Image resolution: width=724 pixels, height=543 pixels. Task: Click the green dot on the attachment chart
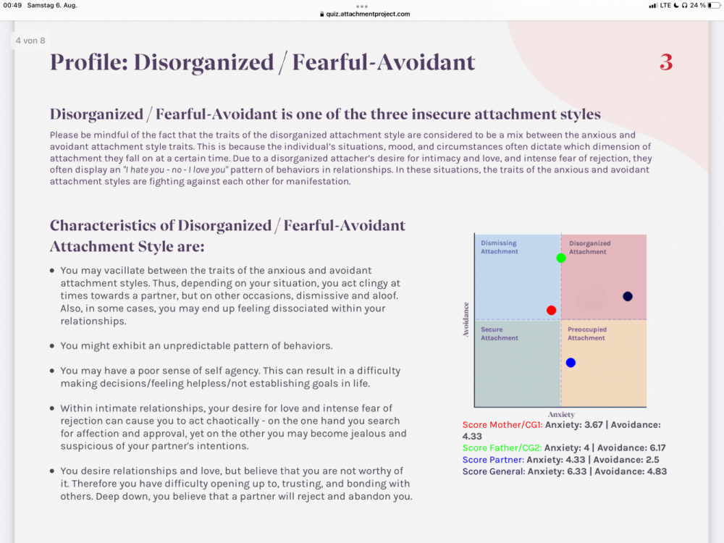pyautogui.click(x=561, y=258)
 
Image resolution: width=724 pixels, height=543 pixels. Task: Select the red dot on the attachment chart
pyautogui.click(x=552, y=310)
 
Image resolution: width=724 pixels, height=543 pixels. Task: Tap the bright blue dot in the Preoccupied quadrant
pyautogui.click(x=571, y=363)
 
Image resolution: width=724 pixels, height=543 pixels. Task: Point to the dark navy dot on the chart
pyautogui.click(x=628, y=296)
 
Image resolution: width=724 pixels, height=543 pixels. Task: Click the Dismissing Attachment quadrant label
pyautogui.click(x=500, y=248)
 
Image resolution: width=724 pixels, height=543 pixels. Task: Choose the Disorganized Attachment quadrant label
pyautogui.click(x=590, y=248)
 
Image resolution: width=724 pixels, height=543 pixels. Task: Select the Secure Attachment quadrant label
pyautogui.click(x=500, y=334)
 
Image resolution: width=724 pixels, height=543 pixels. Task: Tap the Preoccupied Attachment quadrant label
pyautogui.click(x=587, y=334)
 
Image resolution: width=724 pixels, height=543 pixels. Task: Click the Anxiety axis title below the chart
pyautogui.click(x=562, y=415)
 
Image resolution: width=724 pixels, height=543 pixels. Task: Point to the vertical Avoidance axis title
pyautogui.click(x=467, y=319)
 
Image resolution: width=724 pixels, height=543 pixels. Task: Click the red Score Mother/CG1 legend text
pyautogui.click(x=502, y=425)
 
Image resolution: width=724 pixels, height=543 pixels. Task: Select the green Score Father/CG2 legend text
pyautogui.click(x=502, y=448)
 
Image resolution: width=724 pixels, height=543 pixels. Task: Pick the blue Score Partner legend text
pyautogui.click(x=492, y=460)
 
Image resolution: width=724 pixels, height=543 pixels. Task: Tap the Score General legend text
pyautogui.click(x=492, y=471)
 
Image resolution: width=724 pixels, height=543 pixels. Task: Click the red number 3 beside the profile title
pyautogui.click(x=666, y=63)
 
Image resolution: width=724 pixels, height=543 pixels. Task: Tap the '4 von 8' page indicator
pyautogui.click(x=30, y=41)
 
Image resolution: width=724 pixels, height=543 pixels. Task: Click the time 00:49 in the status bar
pyautogui.click(x=12, y=5)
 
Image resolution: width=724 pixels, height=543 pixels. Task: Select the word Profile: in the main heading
pyautogui.click(x=88, y=62)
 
